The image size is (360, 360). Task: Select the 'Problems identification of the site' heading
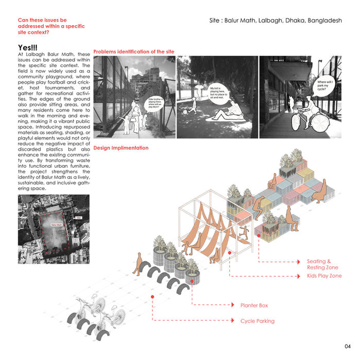click(x=134, y=52)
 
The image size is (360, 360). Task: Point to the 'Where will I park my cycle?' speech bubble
click(x=327, y=85)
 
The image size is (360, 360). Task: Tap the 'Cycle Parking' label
click(x=257, y=321)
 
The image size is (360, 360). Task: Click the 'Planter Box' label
click(x=254, y=305)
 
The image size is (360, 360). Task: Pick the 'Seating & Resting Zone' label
click(x=322, y=264)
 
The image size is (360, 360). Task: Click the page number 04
click(x=348, y=345)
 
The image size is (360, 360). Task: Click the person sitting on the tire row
click(x=138, y=264)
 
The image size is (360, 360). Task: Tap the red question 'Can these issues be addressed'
click(x=45, y=26)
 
